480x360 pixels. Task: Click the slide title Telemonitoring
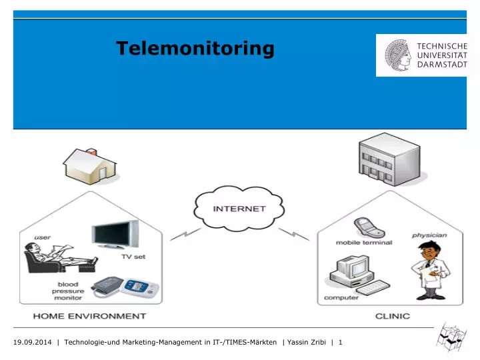195,48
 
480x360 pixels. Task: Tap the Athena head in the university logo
398,55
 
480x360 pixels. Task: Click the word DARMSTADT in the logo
441,65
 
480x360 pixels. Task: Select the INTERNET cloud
239,208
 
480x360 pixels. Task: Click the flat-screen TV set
117,235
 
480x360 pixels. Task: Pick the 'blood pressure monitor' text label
69,291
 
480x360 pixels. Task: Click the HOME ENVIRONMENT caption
90,316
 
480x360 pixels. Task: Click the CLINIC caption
392,316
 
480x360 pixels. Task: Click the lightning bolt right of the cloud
293,234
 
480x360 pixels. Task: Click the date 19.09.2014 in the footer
33,343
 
